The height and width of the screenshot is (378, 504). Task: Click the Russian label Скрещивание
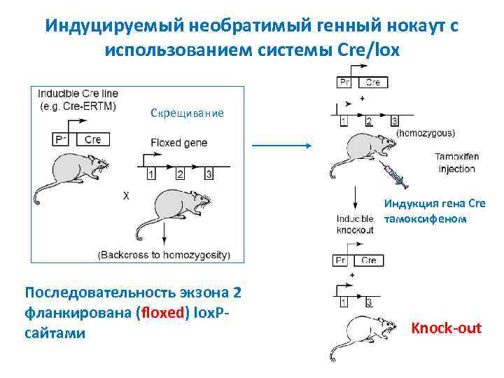pos(187,113)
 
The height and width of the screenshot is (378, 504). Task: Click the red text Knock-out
pos(447,328)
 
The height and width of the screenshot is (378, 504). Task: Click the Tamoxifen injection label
pos(456,162)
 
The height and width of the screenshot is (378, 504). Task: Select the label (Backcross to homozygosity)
pos(164,254)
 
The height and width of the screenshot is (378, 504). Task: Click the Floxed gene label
pos(179,142)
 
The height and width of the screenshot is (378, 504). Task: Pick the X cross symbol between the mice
pos(126,197)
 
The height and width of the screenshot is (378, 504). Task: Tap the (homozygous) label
pos(426,132)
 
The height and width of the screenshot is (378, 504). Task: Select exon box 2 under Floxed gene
pos(180,173)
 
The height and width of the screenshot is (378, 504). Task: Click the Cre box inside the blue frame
pos(92,139)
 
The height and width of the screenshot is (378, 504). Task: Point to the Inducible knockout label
pos(356,224)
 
